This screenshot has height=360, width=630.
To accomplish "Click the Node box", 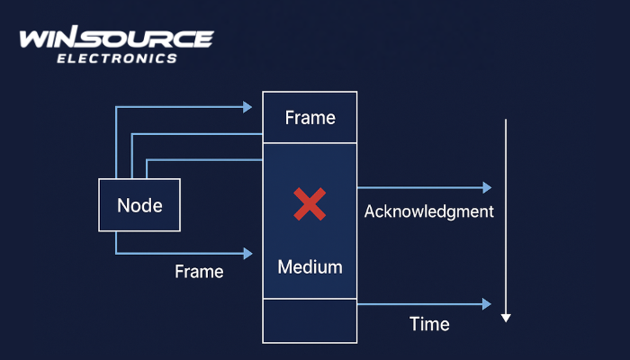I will point(139,205).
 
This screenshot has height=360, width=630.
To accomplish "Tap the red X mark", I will point(310,205).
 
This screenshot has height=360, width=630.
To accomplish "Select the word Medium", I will point(310,267).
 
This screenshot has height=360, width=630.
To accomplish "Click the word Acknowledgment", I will point(429,212).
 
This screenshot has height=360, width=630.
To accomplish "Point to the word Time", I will point(429,324).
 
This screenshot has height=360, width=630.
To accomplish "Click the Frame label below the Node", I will point(199,271).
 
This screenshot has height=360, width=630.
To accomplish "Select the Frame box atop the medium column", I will point(310,118).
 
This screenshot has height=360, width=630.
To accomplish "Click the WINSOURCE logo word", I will point(116,40).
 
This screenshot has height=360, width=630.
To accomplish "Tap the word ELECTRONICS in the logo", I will point(117,58).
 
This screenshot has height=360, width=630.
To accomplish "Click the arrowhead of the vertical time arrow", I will point(506,316).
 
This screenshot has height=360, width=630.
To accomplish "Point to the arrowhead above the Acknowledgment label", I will point(487,188).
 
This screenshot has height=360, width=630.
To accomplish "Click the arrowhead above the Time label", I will point(487,304).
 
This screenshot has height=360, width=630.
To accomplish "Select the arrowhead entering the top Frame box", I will point(247,107).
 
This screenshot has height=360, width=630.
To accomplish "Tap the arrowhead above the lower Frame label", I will point(247,254).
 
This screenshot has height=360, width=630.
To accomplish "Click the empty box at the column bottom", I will point(310,319).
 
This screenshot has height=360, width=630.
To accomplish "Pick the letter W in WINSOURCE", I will point(34,40).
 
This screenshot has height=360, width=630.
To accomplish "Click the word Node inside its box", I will point(139,205).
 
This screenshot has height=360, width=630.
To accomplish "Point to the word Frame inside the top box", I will point(310,118).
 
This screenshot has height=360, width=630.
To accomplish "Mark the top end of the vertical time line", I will point(506,120).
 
